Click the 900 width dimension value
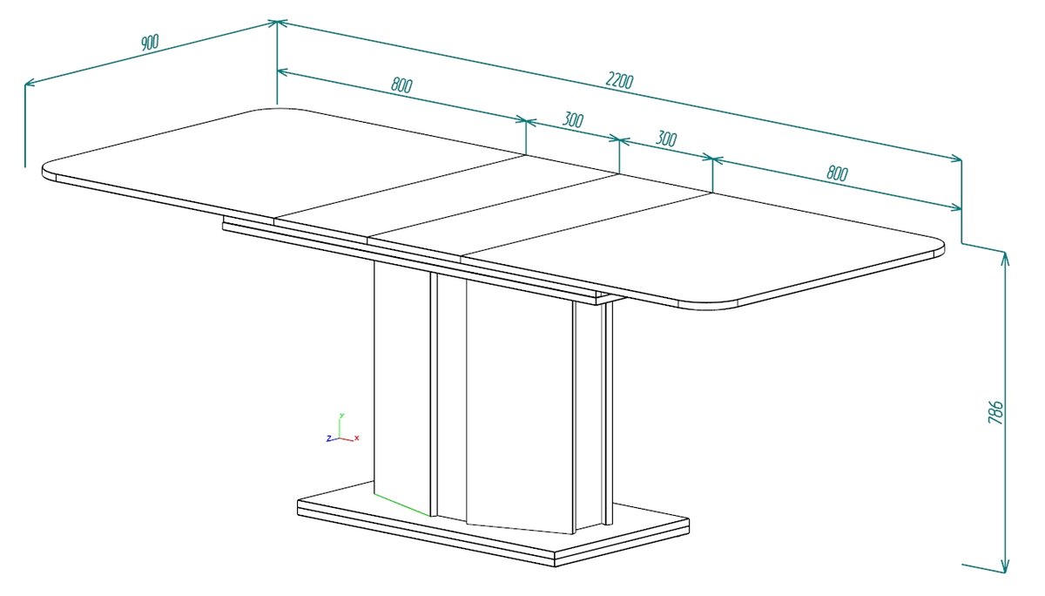150,42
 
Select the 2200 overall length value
619,80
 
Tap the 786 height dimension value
995,412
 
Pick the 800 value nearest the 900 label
401,85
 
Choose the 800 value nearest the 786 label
837,173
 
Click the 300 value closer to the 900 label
572,120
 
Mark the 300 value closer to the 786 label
665,139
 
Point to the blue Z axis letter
329,438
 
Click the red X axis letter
357,437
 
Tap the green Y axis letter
342,415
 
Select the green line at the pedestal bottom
402,505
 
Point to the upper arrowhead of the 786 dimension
1005,260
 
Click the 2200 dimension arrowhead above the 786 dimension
954,159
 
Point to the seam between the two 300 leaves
493,207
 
